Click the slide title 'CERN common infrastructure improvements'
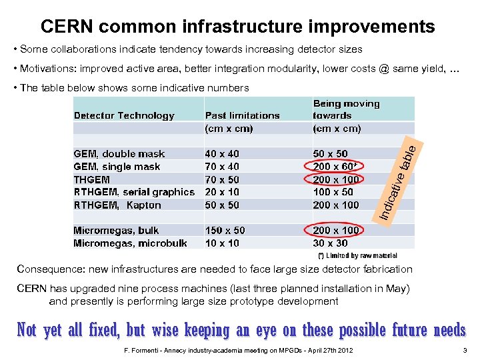pyautogui.click(x=237, y=27)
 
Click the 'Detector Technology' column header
pyautogui.click(x=124, y=115)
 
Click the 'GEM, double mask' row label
pyautogui.click(x=119, y=154)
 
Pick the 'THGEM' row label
pyautogui.click(x=92, y=179)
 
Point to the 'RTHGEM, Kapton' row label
pyautogui.click(x=117, y=205)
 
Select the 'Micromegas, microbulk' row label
pyautogui.click(x=130, y=243)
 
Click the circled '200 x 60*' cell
pyautogui.click(x=337, y=167)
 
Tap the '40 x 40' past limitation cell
pyautogui.click(x=222, y=154)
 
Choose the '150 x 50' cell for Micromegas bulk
pyautogui.click(x=225, y=231)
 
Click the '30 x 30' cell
pyautogui.click(x=330, y=243)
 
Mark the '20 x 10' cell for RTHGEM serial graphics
pyautogui.click(x=222, y=192)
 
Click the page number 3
pyautogui.click(x=464, y=351)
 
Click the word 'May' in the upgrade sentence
pyautogui.click(x=400, y=289)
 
